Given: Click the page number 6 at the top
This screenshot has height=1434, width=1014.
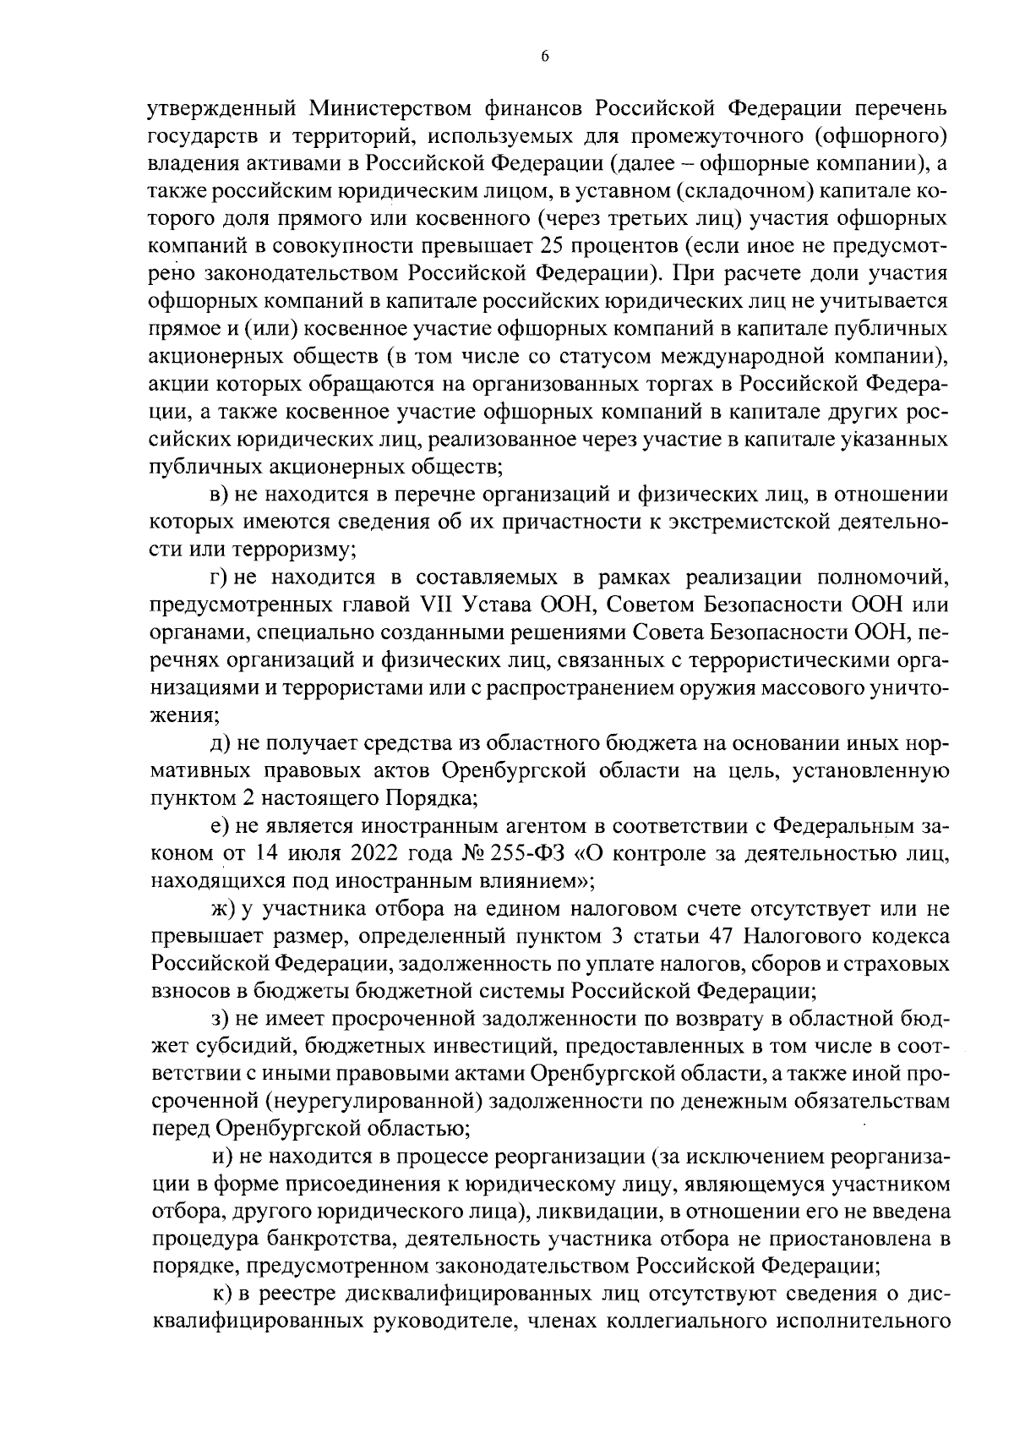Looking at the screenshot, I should (544, 57).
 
